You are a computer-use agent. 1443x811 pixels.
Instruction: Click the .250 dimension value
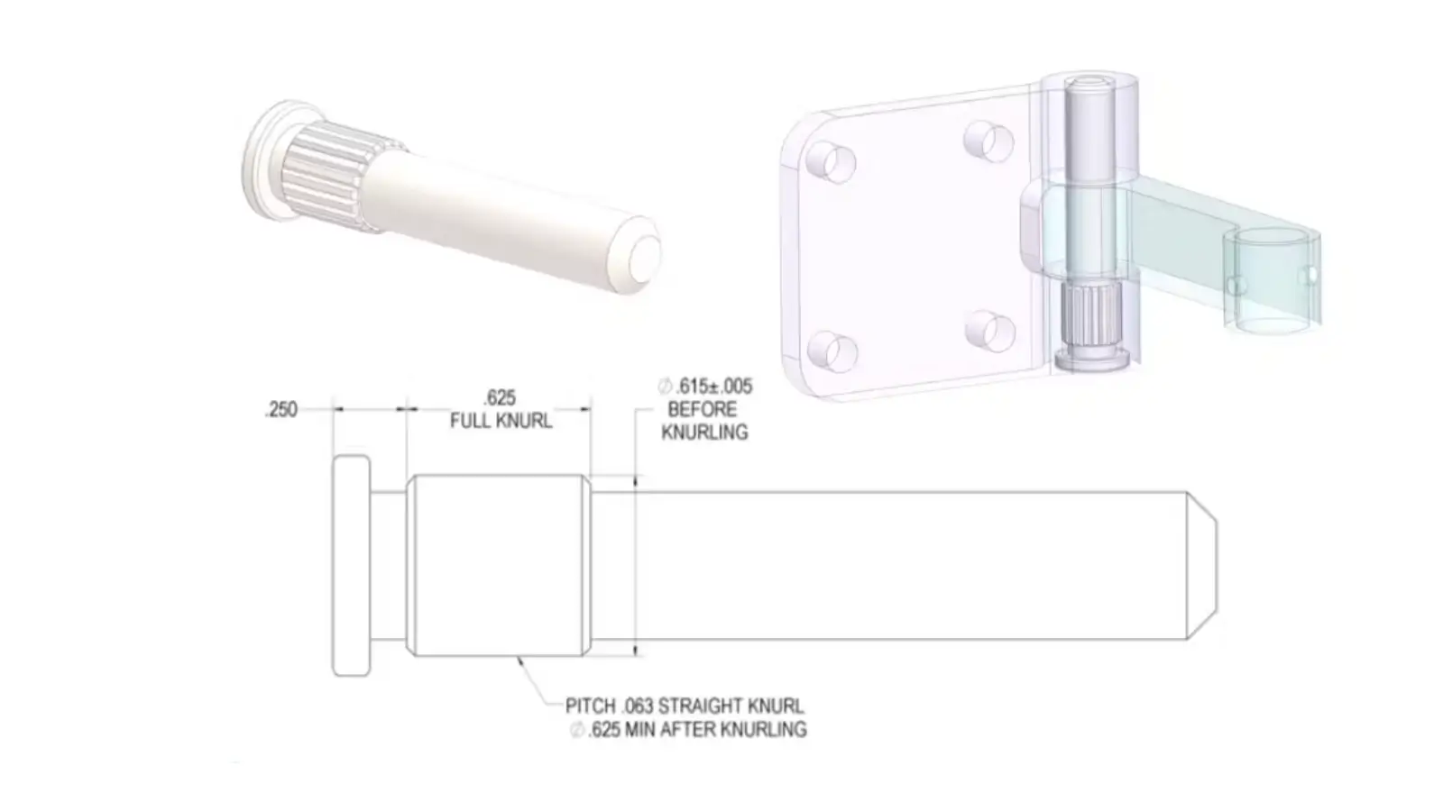pos(280,409)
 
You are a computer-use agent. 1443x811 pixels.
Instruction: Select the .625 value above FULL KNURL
pos(500,397)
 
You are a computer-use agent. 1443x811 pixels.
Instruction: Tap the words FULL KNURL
pos(501,421)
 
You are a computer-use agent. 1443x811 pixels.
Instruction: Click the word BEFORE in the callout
pos(703,409)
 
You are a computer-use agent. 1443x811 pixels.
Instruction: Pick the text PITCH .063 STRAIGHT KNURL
pos(685,706)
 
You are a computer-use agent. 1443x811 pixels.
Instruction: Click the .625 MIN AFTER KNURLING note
pos(689,729)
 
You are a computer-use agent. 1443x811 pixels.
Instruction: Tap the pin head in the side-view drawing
pos(351,566)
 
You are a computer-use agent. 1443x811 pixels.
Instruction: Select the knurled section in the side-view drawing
pos(499,566)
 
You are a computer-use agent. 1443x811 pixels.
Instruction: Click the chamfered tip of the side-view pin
pos(1202,566)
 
